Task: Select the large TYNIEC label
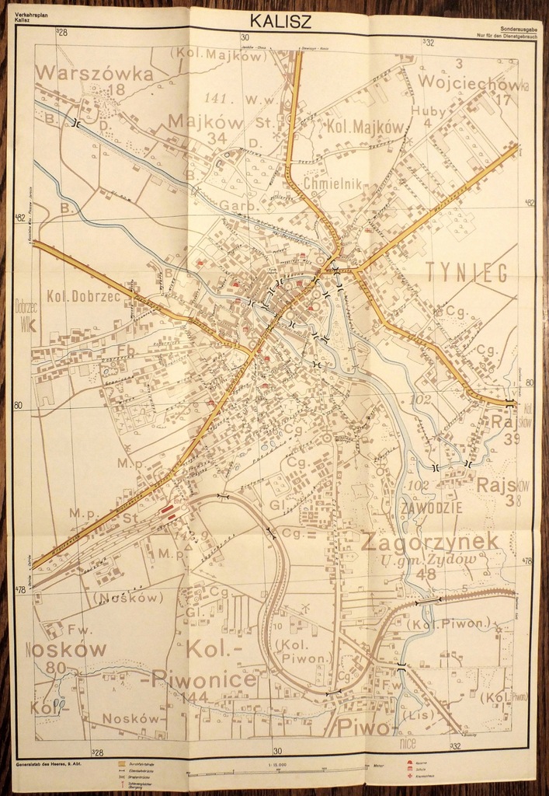[x=466, y=272]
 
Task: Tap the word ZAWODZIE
[x=433, y=508]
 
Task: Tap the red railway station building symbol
[x=166, y=509]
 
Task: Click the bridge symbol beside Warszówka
[x=75, y=123]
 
